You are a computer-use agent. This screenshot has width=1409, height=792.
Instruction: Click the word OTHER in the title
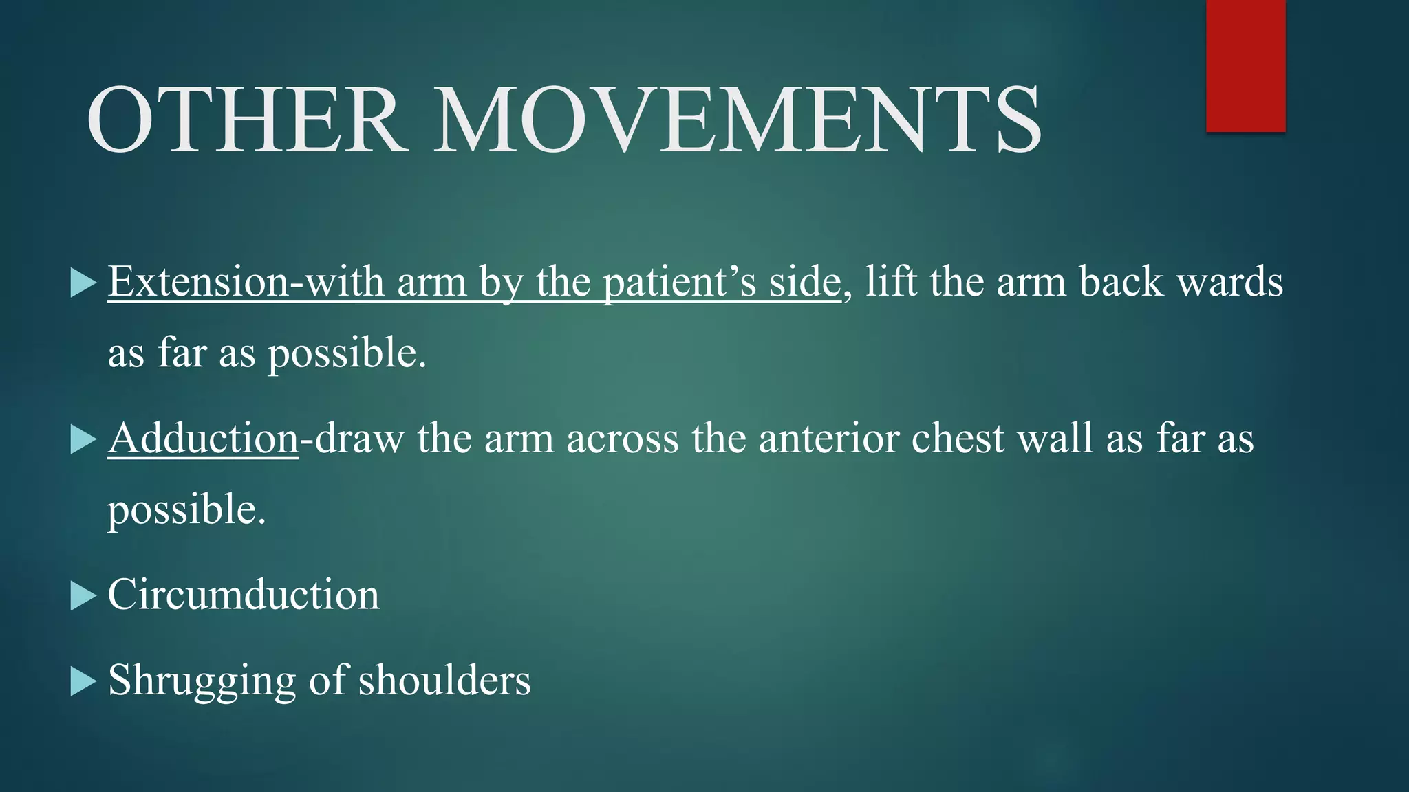pos(244,120)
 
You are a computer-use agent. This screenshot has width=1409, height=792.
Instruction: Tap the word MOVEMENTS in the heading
pos(738,120)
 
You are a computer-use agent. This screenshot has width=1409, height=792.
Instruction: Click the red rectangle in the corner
pos(1245,65)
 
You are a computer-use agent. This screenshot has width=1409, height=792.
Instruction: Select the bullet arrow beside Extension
pos(83,283)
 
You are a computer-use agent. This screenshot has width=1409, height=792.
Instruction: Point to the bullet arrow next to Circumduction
pos(83,596)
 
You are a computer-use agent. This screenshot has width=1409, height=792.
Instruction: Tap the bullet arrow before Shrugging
pos(83,681)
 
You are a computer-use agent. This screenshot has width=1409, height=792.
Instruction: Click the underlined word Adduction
pos(203,438)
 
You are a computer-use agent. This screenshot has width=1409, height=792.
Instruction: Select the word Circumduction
pos(244,595)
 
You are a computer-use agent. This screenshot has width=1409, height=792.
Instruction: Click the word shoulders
pos(444,680)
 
